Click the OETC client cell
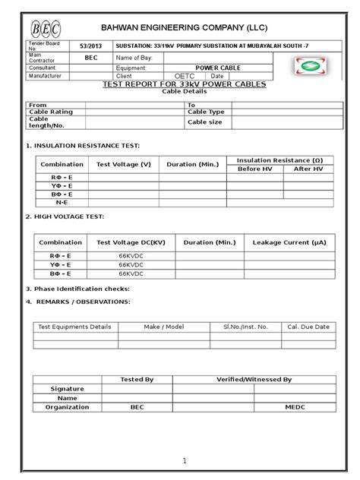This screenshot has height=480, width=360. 185,76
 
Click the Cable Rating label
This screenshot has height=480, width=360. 47,112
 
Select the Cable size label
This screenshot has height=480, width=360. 205,122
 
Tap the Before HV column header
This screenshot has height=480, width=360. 259,169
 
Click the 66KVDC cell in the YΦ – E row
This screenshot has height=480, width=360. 130,264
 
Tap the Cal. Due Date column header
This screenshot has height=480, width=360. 308,327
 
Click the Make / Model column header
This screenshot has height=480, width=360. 163,327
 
